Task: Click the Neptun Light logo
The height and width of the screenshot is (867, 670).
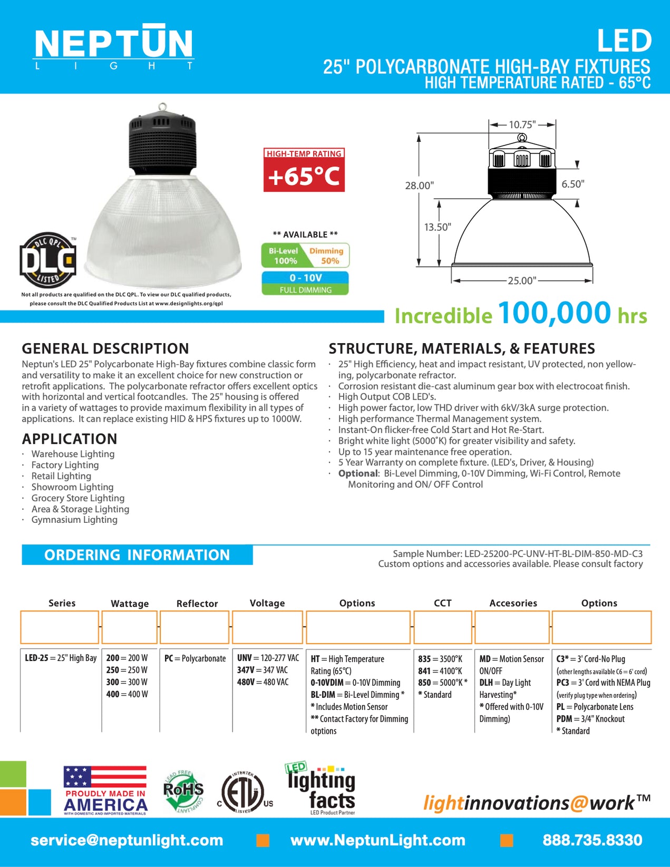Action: tap(113, 47)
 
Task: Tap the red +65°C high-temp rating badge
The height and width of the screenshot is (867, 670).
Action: tap(304, 170)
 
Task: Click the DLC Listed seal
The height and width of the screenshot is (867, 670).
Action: tap(48, 260)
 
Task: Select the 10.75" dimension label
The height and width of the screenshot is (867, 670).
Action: tap(522, 125)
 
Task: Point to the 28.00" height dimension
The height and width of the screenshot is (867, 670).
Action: tap(419, 186)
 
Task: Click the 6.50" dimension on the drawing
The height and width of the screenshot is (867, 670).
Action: tap(572, 184)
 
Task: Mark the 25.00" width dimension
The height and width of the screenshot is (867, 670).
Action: tap(521, 280)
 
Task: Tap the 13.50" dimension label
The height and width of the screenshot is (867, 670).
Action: tap(438, 227)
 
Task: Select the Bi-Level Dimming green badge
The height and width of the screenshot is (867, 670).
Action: tap(305, 256)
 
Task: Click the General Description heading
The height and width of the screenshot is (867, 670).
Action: tap(105, 348)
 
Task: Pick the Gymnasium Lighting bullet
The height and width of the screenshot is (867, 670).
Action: tap(74, 520)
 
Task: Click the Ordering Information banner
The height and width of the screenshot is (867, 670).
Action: tap(137, 555)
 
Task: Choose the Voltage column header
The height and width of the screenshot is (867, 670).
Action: tap(267, 603)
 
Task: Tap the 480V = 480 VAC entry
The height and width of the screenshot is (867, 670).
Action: tap(263, 682)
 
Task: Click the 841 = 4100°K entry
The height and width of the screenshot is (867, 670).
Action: tap(440, 670)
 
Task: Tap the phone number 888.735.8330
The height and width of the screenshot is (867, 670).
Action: tap(593, 840)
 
